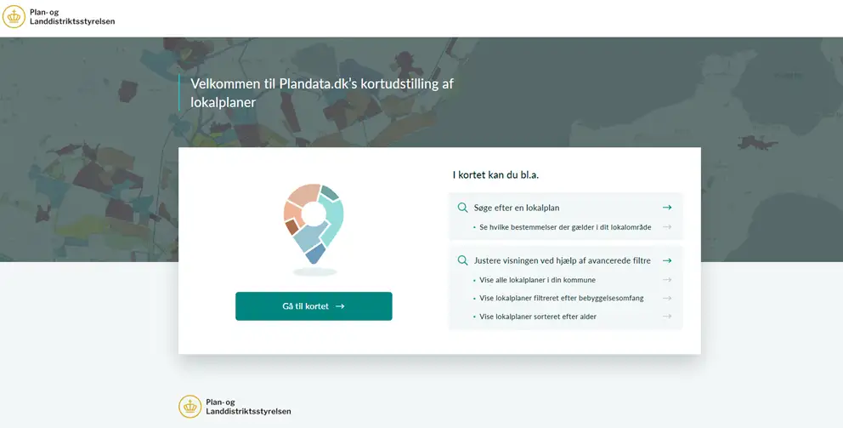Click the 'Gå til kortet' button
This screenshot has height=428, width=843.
click(x=314, y=306)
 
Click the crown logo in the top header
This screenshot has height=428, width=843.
click(x=14, y=17)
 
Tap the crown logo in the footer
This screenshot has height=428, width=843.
click(x=190, y=407)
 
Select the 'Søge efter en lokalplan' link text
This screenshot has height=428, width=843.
click(x=517, y=208)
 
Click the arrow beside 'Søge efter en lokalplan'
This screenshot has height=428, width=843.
click(x=667, y=208)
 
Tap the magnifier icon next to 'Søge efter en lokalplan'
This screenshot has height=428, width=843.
click(x=462, y=208)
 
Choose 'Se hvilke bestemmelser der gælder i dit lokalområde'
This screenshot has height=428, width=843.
click(x=565, y=227)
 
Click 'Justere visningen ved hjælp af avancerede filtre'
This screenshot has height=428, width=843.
click(x=563, y=260)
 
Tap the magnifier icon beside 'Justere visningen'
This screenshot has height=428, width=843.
click(x=462, y=260)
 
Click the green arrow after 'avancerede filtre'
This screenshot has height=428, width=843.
click(x=667, y=260)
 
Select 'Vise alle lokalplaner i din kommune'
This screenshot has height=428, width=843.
click(x=537, y=280)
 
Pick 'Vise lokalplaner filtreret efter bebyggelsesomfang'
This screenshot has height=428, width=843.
click(x=561, y=299)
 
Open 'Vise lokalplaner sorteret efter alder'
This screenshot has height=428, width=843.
click(x=538, y=317)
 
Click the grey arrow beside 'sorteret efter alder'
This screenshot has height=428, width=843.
click(x=667, y=316)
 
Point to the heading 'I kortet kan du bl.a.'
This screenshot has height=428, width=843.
click(x=495, y=175)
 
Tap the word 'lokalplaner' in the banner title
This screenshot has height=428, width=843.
click(x=223, y=102)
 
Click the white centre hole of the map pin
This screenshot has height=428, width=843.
click(x=314, y=214)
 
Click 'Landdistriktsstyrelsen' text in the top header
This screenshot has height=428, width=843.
click(x=72, y=21)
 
